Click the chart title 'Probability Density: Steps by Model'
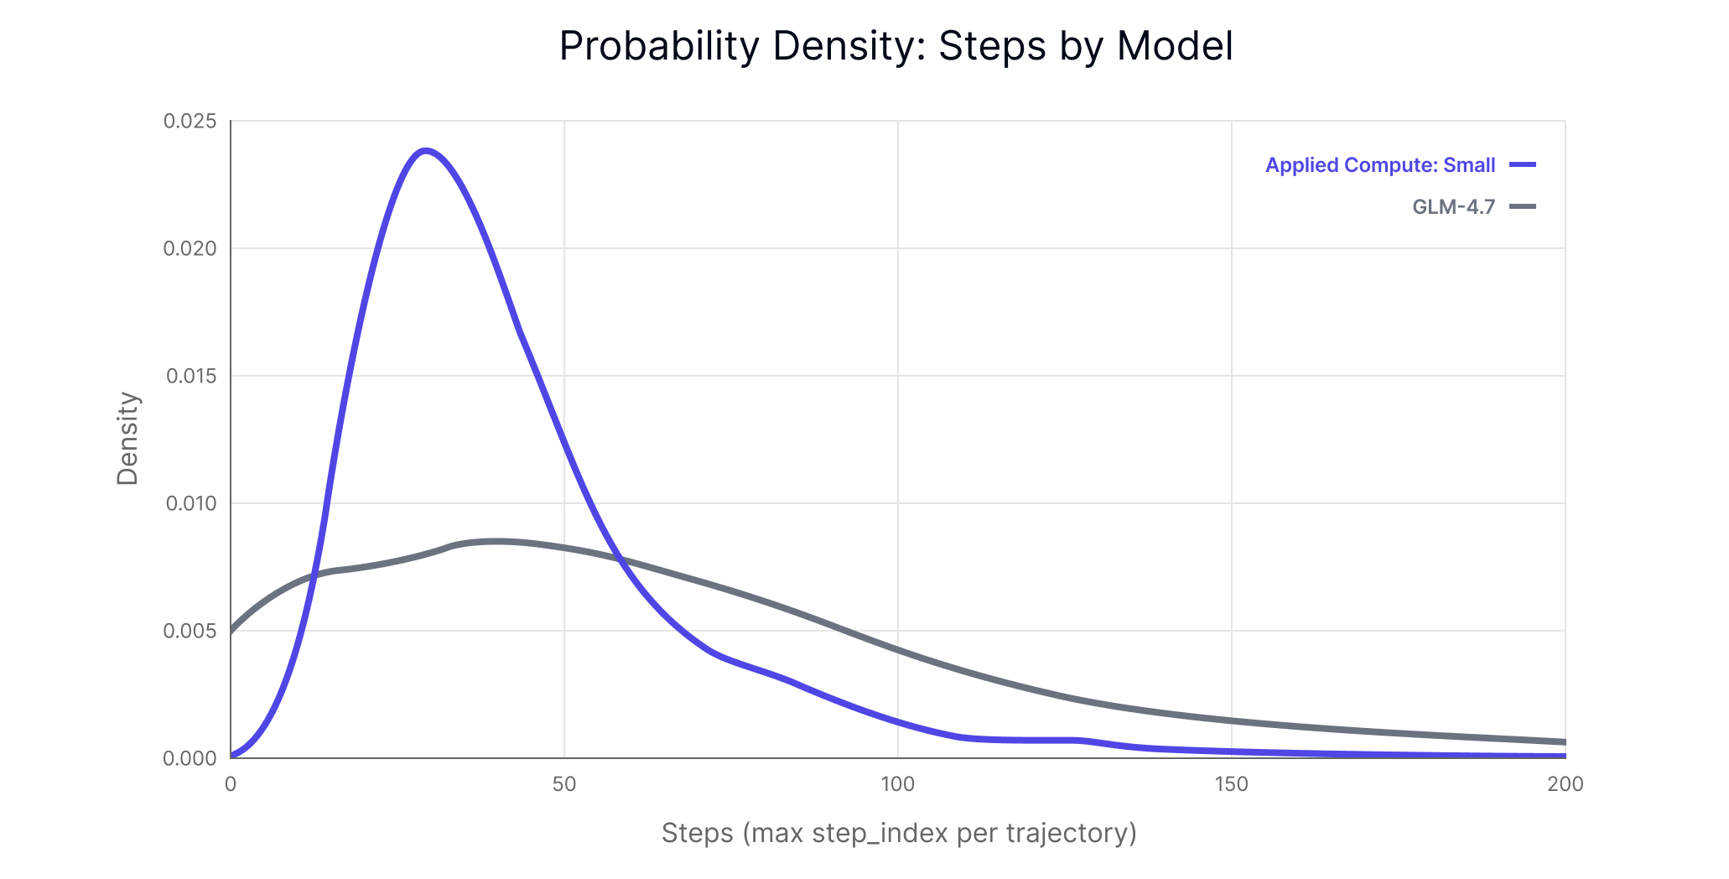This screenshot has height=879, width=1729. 896,46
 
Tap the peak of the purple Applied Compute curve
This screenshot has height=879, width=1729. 426,151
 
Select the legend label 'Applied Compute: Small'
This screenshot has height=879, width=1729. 1379,165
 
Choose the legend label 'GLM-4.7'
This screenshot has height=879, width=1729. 1453,207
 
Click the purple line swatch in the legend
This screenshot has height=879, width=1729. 1523,165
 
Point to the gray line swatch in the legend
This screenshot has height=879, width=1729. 1523,207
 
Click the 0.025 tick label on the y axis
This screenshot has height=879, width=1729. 190,122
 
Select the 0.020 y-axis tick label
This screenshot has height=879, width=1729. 190,249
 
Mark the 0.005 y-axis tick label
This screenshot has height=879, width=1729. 190,632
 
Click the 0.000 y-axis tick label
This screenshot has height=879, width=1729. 190,759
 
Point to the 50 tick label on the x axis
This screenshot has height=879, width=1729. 564,785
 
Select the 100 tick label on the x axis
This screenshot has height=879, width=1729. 897,785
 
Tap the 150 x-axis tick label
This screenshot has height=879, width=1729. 1231,785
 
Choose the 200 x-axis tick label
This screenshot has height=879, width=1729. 1565,785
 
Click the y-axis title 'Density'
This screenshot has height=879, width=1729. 127,439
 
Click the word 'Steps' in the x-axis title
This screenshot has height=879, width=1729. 698,834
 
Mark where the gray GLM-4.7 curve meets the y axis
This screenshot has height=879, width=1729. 231,631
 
